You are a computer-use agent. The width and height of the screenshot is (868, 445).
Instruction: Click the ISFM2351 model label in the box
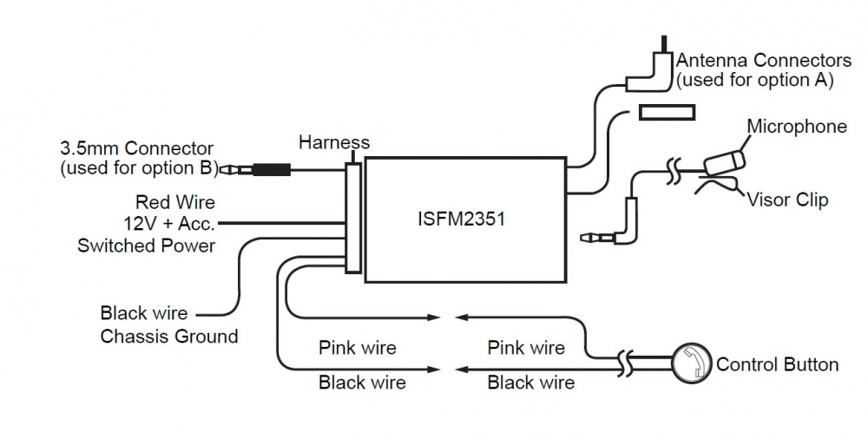pyautogui.click(x=460, y=219)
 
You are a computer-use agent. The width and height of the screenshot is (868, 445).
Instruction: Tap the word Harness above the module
pyautogui.click(x=334, y=142)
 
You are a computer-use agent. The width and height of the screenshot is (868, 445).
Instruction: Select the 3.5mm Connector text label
pyautogui.click(x=136, y=149)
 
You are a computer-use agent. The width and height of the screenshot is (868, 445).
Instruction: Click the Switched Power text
pyautogui.click(x=146, y=245)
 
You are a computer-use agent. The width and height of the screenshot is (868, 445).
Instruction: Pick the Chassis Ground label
pyautogui.click(x=169, y=336)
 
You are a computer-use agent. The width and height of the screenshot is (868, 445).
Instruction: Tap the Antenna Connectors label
pyautogui.click(x=763, y=61)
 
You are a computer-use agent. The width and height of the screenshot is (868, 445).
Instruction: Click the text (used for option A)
pyautogui.click(x=754, y=81)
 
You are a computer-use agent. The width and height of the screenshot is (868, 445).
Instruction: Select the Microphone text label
pyautogui.click(x=797, y=127)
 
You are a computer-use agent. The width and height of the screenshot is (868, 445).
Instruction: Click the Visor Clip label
pyautogui.click(x=787, y=200)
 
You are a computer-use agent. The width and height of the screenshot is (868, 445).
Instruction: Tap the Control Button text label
pyautogui.click(x=777, y=363)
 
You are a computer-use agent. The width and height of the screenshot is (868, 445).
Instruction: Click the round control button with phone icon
pyautogui.click(x=692, y=363)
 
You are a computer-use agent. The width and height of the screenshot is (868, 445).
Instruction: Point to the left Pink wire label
pyautogui.click(x=357, y=348)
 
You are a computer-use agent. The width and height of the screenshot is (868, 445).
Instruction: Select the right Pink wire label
pyautogui.click(x=526, y=348)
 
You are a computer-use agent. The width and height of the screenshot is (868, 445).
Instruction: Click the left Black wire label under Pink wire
pyautogui.click(x=362, y=382)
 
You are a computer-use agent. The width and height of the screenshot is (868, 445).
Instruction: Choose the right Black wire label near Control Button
pyautogui.click(x=530, y=382)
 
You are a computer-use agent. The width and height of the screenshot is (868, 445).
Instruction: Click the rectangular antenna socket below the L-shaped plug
pyautogui.click(x=667, y=112)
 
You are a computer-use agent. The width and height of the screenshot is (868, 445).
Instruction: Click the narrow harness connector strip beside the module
pyautogui.click(x=353, y=218)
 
